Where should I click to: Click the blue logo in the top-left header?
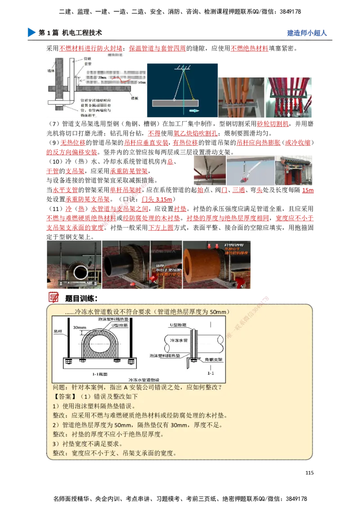[30, 32]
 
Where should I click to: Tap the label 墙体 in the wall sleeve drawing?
[49, 71]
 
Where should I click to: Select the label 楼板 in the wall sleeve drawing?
[135, 98]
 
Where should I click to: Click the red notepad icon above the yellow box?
[54, 297]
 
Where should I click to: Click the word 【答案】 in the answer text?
[65, 397]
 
